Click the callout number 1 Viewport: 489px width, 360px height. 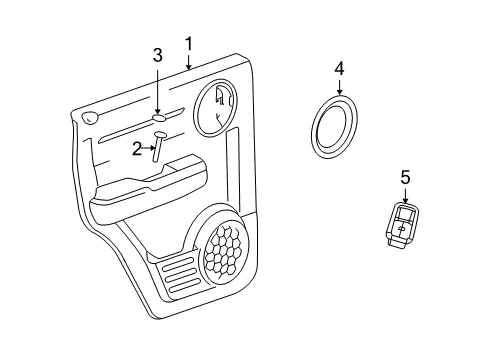click(187, 43)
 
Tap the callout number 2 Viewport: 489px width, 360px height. click(137, 149)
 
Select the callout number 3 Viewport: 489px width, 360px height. click(157, 57)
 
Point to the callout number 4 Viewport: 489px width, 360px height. click(339, 69)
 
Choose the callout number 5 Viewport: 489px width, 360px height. click(405, 177)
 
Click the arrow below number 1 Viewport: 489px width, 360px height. click(187, 62)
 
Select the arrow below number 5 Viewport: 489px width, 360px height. click(405, 196)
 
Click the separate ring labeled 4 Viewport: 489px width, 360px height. click(333, 128)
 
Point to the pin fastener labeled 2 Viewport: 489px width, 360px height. click(158, 148)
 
